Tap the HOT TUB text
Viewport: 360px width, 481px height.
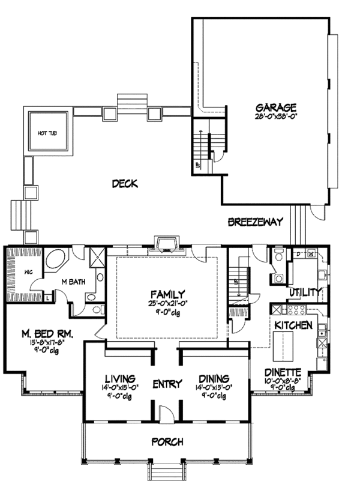(x=47, y=133)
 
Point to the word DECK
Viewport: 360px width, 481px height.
(x=125, y=184)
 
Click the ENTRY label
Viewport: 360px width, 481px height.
(x=163, y=383)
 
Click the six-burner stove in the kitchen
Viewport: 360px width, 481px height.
(x=296, y=310)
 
